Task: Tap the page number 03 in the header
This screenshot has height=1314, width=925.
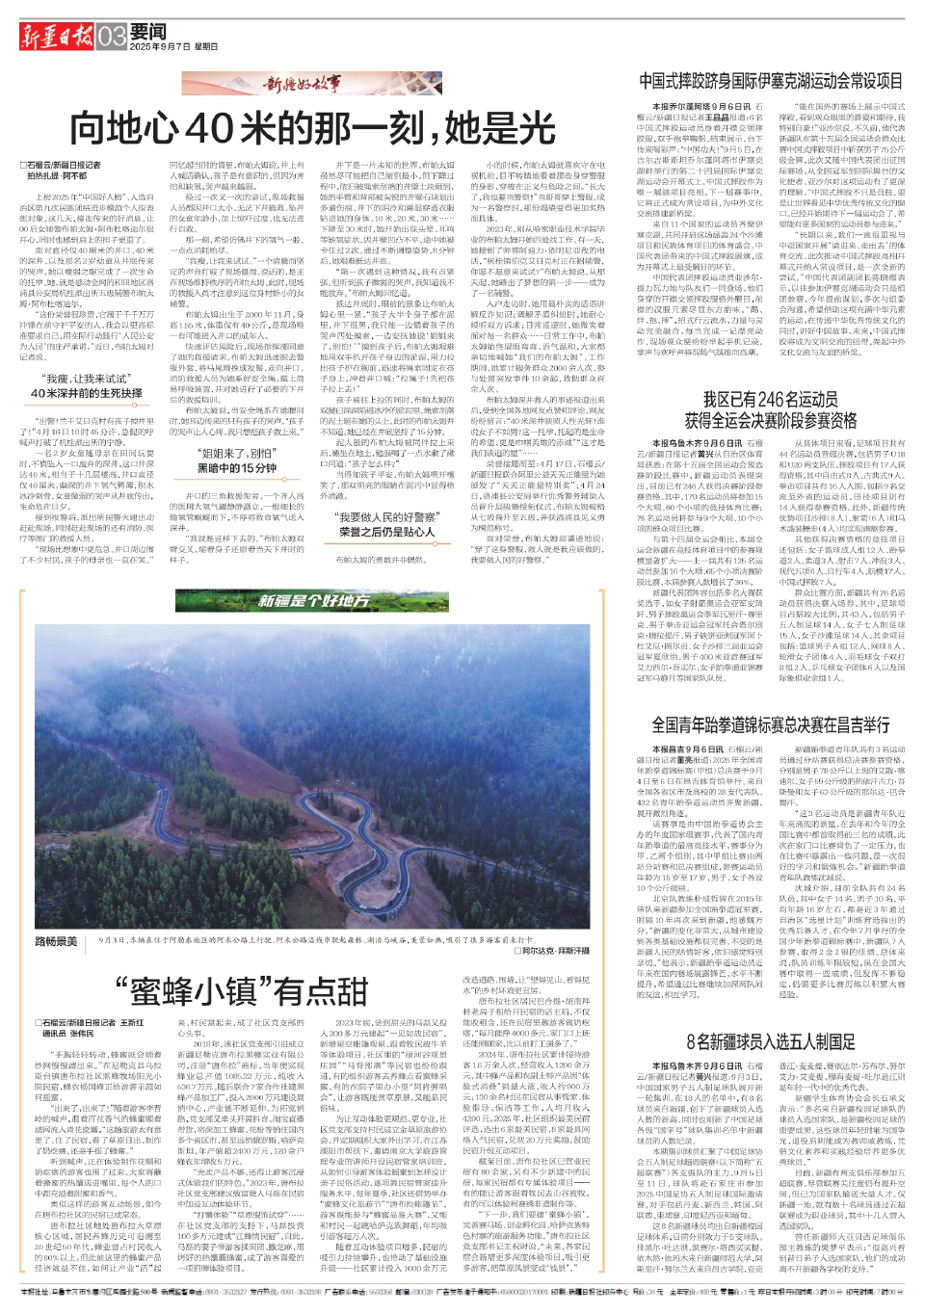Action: tap(112, 37)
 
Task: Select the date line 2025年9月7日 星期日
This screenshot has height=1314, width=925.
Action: tap(173, 46)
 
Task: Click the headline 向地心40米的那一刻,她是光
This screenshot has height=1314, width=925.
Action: tap(312, 128)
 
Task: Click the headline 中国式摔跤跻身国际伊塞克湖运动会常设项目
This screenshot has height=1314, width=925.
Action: tap(771, 81)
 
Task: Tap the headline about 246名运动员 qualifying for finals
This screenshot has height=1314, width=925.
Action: tap(771, 409)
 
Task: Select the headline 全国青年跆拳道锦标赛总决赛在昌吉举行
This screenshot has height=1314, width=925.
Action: tap(771, 724)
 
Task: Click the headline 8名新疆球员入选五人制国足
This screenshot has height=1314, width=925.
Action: tap(771, 1041)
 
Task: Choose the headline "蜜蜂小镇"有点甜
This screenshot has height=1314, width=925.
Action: tap(241, 989)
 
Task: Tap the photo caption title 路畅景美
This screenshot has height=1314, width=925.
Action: tap(56, 940)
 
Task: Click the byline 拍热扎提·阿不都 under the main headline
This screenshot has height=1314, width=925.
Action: tap(57, 177)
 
